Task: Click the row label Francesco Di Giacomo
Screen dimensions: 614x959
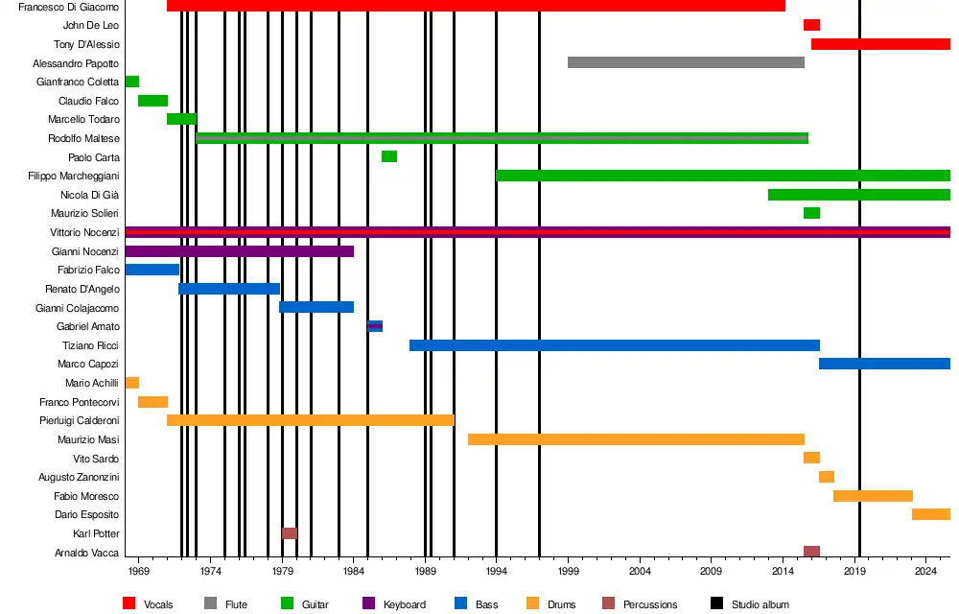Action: click(69, 7)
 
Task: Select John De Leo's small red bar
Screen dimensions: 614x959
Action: click(811, 25)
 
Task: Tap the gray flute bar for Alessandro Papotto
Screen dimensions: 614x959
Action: click(686, 62)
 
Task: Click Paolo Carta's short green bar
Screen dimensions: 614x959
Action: click(388, 156)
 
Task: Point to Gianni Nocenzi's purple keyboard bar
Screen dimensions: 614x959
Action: click(239, 251)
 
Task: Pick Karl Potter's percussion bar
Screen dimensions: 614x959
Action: click(290, 533)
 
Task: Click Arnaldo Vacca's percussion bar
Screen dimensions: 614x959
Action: click(811, 552)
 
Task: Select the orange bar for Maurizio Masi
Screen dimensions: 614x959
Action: click(636, 439)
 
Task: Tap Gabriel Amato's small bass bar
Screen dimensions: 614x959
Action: click(375, 326)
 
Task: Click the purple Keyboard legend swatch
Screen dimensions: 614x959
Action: click(368, 603)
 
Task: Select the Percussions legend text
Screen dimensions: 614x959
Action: click(650, 604)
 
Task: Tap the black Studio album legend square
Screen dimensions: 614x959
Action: click(717, 603)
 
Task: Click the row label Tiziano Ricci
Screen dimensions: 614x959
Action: click(90, 345)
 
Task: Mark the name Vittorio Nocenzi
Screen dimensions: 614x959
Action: click(84, 233)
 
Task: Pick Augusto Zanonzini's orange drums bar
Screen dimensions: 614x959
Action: click(827, 477)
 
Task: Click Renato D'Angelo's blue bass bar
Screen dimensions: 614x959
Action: click(229, 289)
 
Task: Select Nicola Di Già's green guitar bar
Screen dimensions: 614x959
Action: click(858, 195)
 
